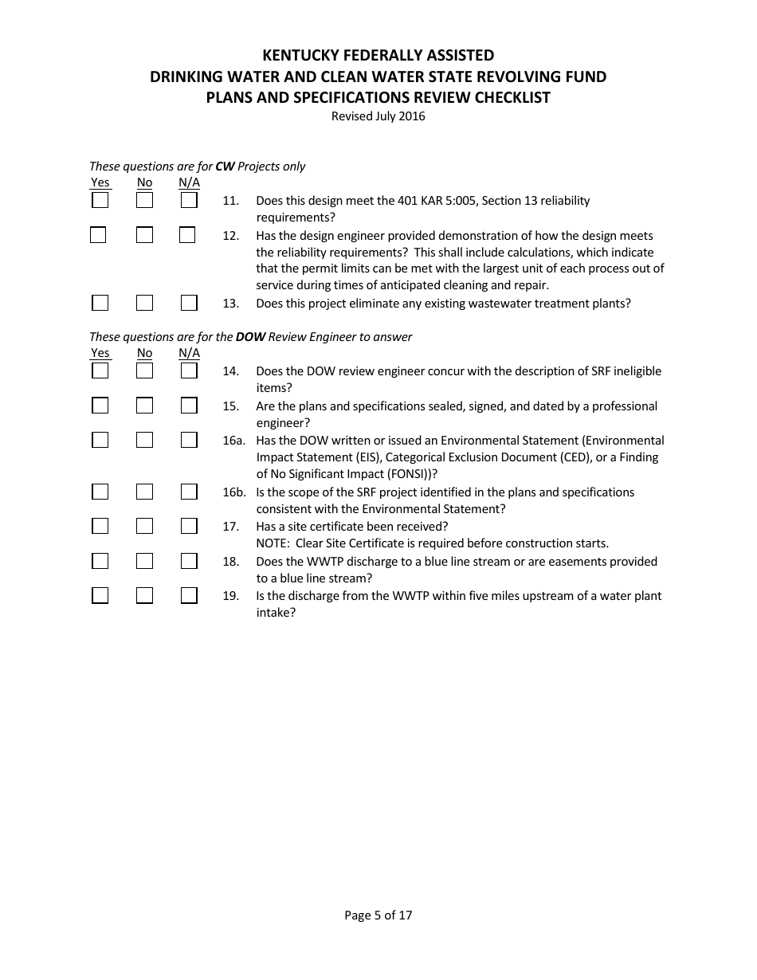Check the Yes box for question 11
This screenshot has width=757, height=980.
(x=100, y=201)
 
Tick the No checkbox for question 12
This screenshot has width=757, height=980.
(x=144, y=236)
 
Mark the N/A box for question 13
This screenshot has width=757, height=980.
(x=189, y=303)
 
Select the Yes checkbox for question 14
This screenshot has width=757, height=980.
(x=100, y=371)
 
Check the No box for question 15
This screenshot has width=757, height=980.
(x=144, y=406)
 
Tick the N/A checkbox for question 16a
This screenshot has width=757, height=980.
(x=189, y=441)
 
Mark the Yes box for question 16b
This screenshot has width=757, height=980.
(x=100, y=492)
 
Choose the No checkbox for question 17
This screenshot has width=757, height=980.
(x=144, y=527)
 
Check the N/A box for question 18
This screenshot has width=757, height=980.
(x=189, y=562)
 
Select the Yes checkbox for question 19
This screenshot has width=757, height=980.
(x=100, y=596)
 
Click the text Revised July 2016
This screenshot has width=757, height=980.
(x=378, y=116)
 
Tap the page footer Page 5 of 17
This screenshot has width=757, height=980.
(x=378, y=915)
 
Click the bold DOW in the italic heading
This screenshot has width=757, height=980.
(x=250, y=337)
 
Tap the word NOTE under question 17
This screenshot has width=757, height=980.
(x=272, y=543)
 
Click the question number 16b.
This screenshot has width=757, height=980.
(x=233, y=492)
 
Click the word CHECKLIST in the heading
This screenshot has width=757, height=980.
(x=512, y=98)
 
